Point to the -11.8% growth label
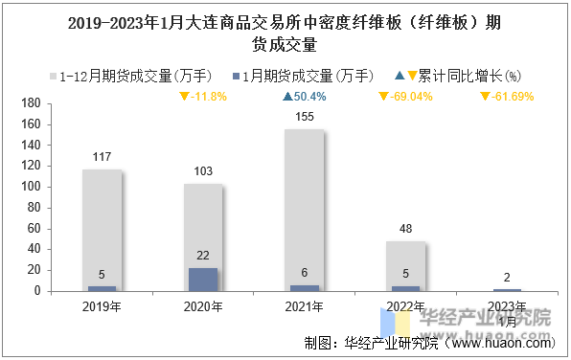(x=203, y=97)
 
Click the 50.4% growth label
(x=305, y=97)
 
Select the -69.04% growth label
(x=407, y=97)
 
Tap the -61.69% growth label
(x=507, y=97)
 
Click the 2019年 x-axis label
(x=102, y=306)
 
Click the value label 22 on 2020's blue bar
(x=203, y=255)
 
